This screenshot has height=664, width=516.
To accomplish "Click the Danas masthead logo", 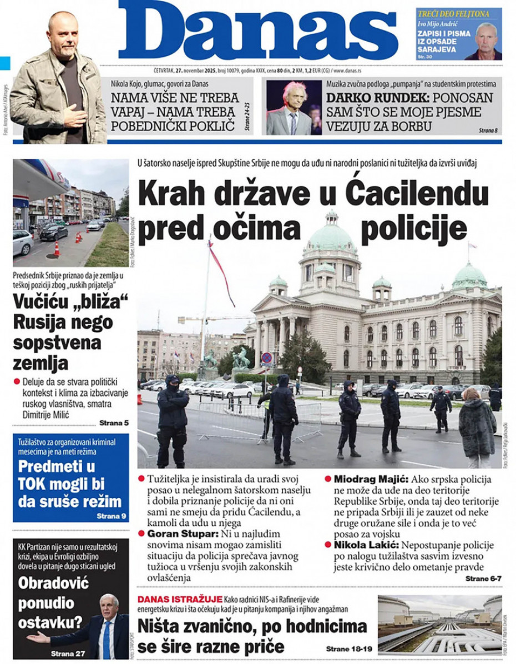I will click(x=258, y=31).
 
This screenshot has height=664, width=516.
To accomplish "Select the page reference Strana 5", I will click(x=114, y=422).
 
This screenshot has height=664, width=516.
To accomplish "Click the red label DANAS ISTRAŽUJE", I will click(x=180, y=599).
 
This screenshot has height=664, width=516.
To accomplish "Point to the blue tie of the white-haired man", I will click(x=107, y=640).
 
